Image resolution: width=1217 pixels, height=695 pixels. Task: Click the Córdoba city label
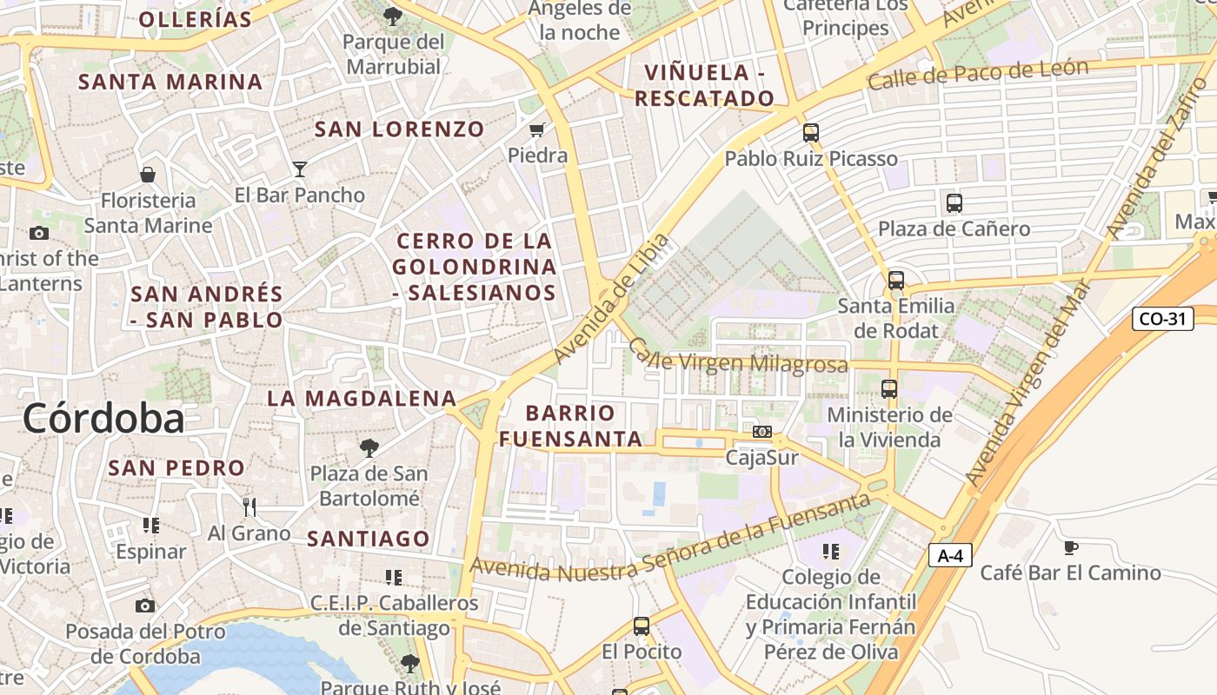[103, 418]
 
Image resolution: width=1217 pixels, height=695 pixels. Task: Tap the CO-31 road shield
[1162, 319]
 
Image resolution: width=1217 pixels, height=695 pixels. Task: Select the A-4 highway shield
[949, 555]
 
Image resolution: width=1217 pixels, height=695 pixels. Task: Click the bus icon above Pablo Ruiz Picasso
[810, 133]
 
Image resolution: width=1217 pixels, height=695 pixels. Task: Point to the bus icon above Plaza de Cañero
[954, 203]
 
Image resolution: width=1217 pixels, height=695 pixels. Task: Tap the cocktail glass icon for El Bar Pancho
[300, 169]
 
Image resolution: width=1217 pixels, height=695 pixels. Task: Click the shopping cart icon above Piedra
[537, 130]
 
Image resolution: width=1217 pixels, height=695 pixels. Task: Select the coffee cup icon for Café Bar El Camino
[1070, 547]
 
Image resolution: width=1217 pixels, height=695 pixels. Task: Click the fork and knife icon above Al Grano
[249, 506]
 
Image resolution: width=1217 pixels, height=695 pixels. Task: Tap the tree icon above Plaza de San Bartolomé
[369, 448]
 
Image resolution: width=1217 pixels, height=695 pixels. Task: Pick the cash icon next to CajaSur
[761, 432]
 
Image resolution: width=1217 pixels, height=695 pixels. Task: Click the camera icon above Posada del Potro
[145, 606]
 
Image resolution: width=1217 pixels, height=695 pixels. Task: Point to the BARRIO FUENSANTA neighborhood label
[570, 426]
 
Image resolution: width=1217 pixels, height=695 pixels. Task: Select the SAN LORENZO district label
[399, 129]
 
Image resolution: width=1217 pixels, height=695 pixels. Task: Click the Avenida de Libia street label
[612, 299]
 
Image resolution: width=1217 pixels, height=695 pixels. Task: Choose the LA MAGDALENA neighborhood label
[362, 399]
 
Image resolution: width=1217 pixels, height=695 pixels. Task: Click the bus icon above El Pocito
[641, 625]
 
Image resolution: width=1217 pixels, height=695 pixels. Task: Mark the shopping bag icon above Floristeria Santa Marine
[148, 175]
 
